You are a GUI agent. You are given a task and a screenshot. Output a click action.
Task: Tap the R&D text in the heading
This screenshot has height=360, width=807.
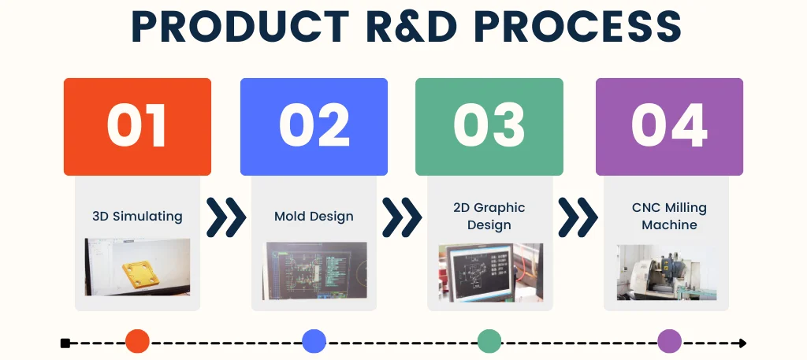[x=409, y=26]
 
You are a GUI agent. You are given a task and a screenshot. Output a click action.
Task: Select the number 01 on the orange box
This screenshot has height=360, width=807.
[x=137, y=126]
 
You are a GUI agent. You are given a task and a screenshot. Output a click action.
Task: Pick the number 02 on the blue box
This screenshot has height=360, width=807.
[x=314, y=126]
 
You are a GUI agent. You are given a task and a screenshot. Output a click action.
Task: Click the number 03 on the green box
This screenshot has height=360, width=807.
[x=489, y=126]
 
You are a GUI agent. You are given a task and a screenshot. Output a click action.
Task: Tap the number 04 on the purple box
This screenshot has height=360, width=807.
[x=669, y=126]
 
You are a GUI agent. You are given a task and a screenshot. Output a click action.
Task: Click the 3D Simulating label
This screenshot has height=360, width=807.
[x=137, y=216]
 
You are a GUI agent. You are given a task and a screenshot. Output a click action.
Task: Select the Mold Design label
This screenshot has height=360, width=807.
[x=314, y=216]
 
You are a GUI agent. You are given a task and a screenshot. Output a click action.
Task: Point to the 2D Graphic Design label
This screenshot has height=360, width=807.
[x=489, y=216]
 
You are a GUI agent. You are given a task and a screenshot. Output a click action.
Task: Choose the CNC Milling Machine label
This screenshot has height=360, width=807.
[x=669, y=216]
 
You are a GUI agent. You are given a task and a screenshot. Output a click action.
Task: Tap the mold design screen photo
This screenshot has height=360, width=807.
[x=314, y=271]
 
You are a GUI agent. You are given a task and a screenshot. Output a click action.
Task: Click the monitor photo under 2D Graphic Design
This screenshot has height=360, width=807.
[x=490, y=273]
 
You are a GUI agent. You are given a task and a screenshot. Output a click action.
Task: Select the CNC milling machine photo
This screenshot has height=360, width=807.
[x=667, y=273]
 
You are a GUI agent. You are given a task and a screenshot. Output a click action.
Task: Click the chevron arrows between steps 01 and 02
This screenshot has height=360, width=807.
[x=226, y=217]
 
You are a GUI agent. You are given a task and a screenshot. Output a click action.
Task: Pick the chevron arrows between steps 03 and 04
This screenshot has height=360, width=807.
[x=578, y=217]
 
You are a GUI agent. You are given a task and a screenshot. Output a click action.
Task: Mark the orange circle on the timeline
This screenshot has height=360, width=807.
[x=137, y=341]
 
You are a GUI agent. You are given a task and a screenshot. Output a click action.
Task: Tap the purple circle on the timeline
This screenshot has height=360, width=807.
[x=670, y=341]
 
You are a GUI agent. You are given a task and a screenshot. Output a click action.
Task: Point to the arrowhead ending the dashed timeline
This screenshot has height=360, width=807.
[x=742, y=343]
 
